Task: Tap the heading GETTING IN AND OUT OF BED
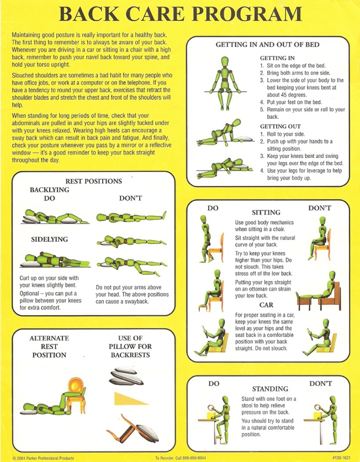pos(267,45)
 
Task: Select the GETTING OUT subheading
pos(280,126)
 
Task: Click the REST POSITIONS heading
pos(93,181)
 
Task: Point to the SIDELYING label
pos(50,240)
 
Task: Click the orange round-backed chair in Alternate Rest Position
pos(76,394)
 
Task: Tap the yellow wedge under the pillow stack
pos(130,399)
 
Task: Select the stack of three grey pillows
pos(126,376)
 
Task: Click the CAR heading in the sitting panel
pos(266,305)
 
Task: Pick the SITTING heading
pos(266,213)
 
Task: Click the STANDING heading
pos(270,389)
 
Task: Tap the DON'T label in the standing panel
pos(320,384)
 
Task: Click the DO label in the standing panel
pos(214,384)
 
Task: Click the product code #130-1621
pos(341,458)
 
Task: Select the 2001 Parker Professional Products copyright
pos(43,458)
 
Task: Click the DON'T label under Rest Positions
pos(131,198)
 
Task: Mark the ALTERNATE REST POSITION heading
pos(49,347)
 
